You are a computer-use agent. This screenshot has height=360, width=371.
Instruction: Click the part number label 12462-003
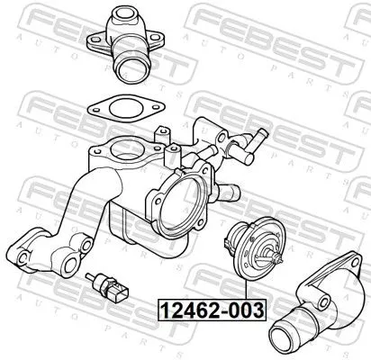(x=212, y=311)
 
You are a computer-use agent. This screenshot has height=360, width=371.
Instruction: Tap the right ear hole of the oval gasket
(x=155, y=109)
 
